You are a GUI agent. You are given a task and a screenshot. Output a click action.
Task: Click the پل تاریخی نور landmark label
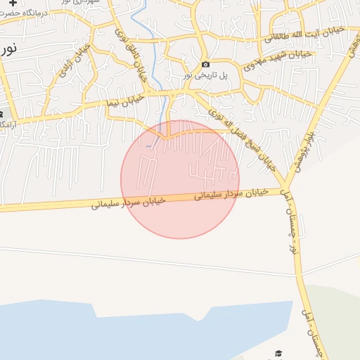[205, 75]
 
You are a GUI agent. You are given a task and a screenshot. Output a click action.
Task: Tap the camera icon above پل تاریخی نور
[205, 65]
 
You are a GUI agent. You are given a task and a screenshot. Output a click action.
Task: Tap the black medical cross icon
[13, 3]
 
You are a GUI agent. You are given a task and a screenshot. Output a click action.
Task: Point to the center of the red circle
[180, 179]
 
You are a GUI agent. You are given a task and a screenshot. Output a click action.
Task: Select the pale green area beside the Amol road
[337, 316]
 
